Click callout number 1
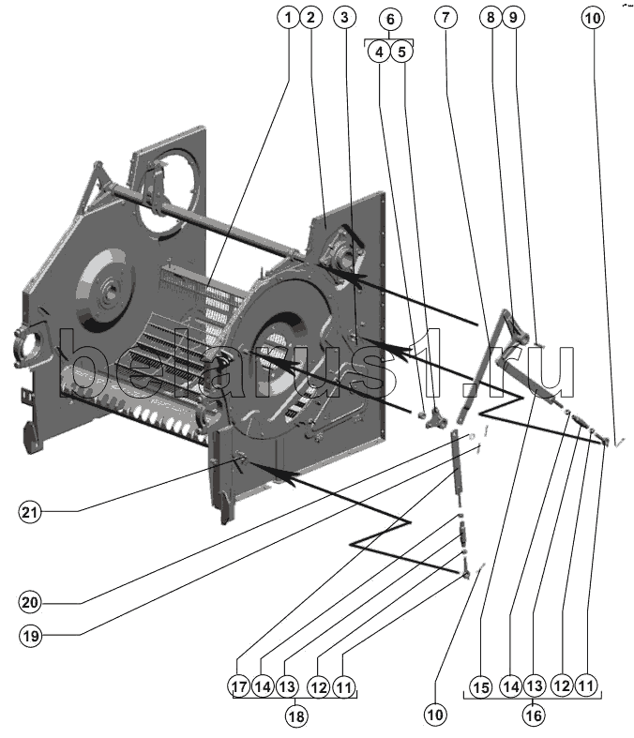pyautogui.click(x=287, y=17)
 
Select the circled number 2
pyautogui.click(x=312, y=17)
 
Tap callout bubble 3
pyautogui.click(x=346, y=17)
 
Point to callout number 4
pyautogui.click(x=379, y=52)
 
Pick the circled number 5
pyautogui.click(x=401, y=52)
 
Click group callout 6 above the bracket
pyautogui.click(x=390, y=18)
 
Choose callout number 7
pyautogui.click(x=445, y=17)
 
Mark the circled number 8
pyautogui.click(x=489, y=17)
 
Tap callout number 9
pyautogui.click(x=511, y=17)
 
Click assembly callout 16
pyautogui.click(x=533, y=714)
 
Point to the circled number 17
pyautogui.click(x=240, y=687)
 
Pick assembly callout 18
pyautogui.click(x=295, y=714)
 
